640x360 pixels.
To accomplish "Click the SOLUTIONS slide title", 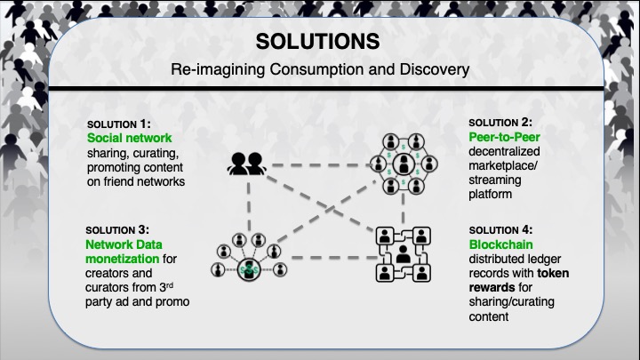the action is click(317, 42).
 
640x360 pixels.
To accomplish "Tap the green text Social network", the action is click(129, 139).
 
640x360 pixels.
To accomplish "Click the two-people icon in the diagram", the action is click(244, 164).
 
